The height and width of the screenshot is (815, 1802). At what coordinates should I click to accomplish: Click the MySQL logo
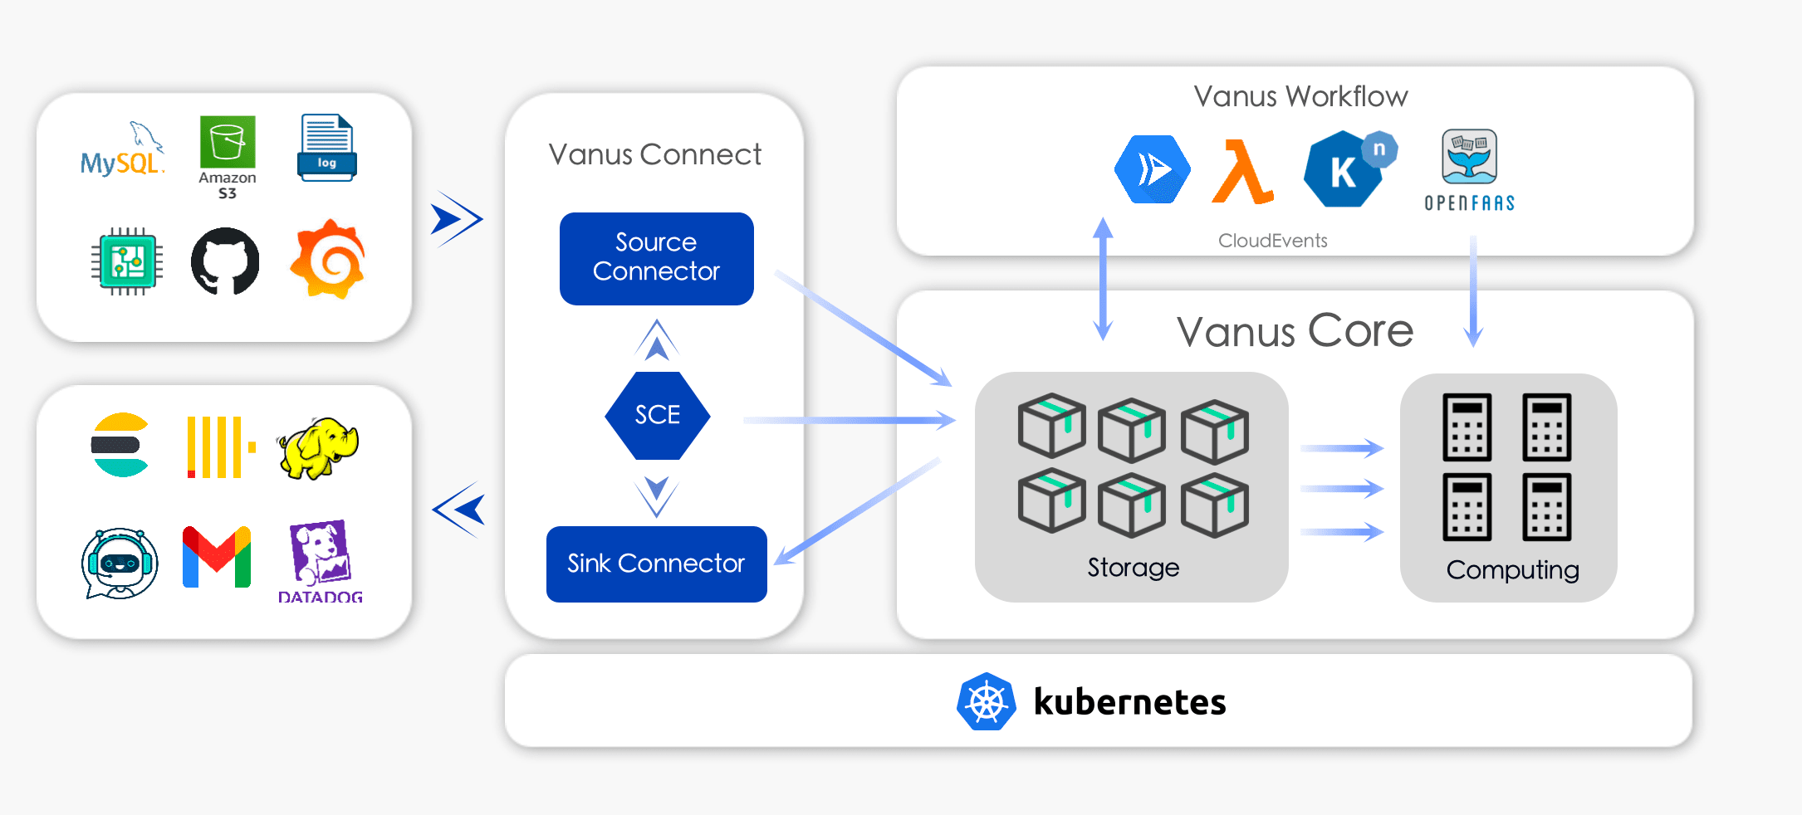click(x=122, y=151)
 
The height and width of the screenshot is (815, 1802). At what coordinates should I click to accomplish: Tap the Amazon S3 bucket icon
click(x=228, y=142)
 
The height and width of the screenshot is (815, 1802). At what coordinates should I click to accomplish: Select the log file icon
click(x=327, y=148)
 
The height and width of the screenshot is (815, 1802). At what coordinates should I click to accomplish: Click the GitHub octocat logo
click(x=225, y=261)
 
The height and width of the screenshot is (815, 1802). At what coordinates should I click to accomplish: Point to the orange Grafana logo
click(x=328, y=260)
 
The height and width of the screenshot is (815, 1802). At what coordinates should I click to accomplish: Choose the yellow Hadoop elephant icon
click(x=318, y=448)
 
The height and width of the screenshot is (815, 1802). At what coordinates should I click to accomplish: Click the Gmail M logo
click(x=216, y=557)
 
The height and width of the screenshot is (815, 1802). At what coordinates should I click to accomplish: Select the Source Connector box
click(x=656, y=258)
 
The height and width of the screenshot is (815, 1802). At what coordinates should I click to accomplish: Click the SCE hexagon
click(x=657, y=415)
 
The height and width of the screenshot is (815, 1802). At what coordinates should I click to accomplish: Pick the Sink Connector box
click(x=656, y=564)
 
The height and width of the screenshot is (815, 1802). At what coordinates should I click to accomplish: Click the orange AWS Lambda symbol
click(x=1242, y=172)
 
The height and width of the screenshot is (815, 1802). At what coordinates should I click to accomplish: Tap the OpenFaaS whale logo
click(x=1469, y=158)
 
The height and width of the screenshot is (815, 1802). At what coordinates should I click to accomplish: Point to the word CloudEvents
click(x=1272, y=241)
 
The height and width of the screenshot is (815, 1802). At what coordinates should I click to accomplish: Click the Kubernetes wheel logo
click(x=986, y=702)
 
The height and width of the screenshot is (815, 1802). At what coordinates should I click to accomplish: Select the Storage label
click(x=1133, y=568)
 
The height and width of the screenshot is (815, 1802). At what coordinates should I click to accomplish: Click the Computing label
click(x=1512, y=570)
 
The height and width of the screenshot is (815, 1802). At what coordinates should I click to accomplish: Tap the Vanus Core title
click(x=1295, y=331)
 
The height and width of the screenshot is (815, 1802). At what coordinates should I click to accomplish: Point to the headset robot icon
click(x=120, y=563)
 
